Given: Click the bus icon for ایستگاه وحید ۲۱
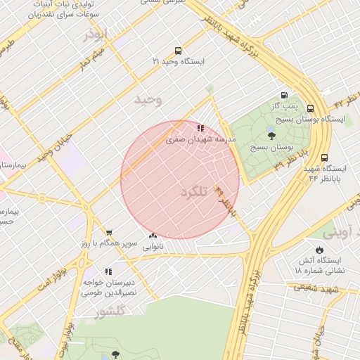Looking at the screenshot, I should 178,51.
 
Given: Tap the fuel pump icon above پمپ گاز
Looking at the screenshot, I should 284,95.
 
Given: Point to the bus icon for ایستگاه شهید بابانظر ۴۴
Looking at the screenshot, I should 324,158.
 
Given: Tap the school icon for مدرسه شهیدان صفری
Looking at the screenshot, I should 200,129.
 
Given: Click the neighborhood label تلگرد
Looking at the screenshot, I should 195,192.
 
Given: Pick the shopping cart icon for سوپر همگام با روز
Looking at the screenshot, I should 108,233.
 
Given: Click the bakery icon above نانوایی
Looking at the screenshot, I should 153,236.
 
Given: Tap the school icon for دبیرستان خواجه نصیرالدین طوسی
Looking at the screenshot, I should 108,271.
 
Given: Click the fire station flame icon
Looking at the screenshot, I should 320,250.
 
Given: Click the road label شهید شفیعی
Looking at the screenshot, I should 316,288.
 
